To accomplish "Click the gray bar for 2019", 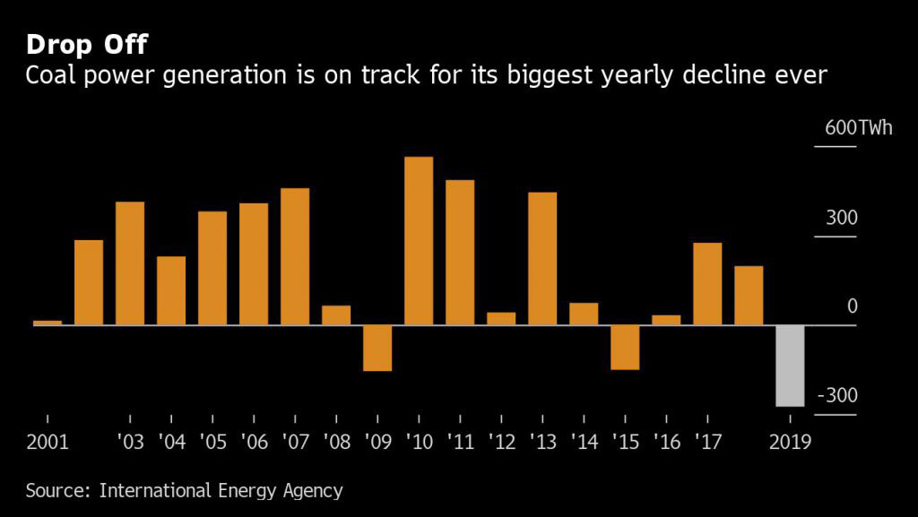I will tap(790, 366).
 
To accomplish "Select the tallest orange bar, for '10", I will tap(419, 241).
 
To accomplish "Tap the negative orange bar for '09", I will tap(377, 348).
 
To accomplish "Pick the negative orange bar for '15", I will tap(625, 347).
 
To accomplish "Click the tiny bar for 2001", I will tap(48, 323).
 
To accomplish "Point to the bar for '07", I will tap(295, 256).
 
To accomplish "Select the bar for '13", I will tap(542, 258).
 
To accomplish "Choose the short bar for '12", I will tap(501, 318).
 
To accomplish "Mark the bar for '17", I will tap(707, 283).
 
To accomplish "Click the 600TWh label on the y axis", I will tap(859, 128).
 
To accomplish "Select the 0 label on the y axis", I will tap(853, 307).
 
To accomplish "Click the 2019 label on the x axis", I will tap(790, 443).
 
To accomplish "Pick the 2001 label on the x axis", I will tap(48, 443).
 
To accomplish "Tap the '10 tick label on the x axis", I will tap(419, 443).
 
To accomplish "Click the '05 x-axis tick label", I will tap(212, 443).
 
